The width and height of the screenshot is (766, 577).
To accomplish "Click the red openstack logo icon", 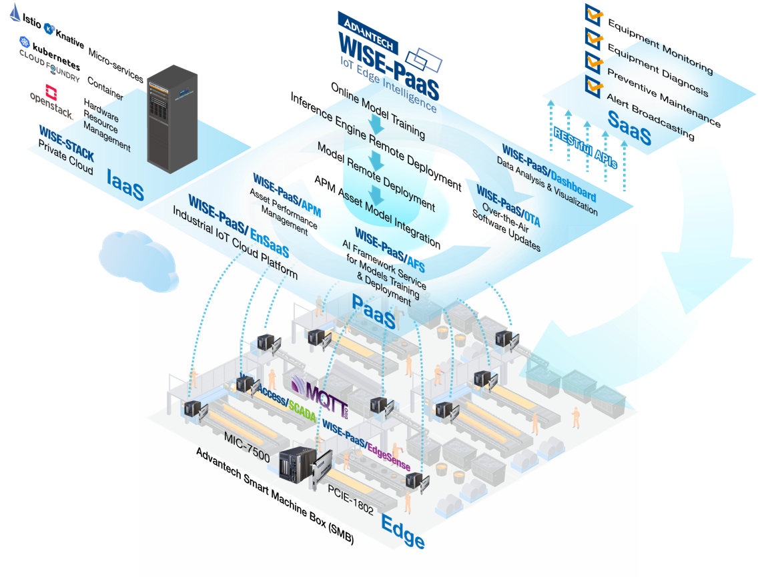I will click(51, 91).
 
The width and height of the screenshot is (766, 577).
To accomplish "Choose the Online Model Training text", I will click(378, 111).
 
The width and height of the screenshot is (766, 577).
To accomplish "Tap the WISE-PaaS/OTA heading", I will click(508, 207).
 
